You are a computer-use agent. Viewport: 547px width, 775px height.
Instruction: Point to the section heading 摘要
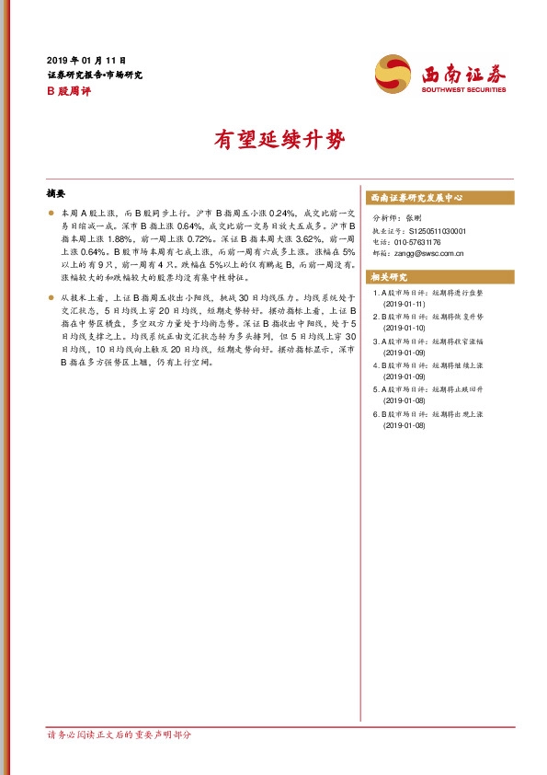(56, 194)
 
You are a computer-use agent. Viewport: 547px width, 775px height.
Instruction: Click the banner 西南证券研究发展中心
(416, 198)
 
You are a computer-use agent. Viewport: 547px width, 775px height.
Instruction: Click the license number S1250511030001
(437, 231)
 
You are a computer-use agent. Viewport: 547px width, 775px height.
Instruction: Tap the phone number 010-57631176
(421, 242)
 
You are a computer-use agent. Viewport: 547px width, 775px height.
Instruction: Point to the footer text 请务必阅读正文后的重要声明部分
(119, 734)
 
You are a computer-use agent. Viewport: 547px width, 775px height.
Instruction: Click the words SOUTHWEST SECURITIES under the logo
(464, 90)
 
